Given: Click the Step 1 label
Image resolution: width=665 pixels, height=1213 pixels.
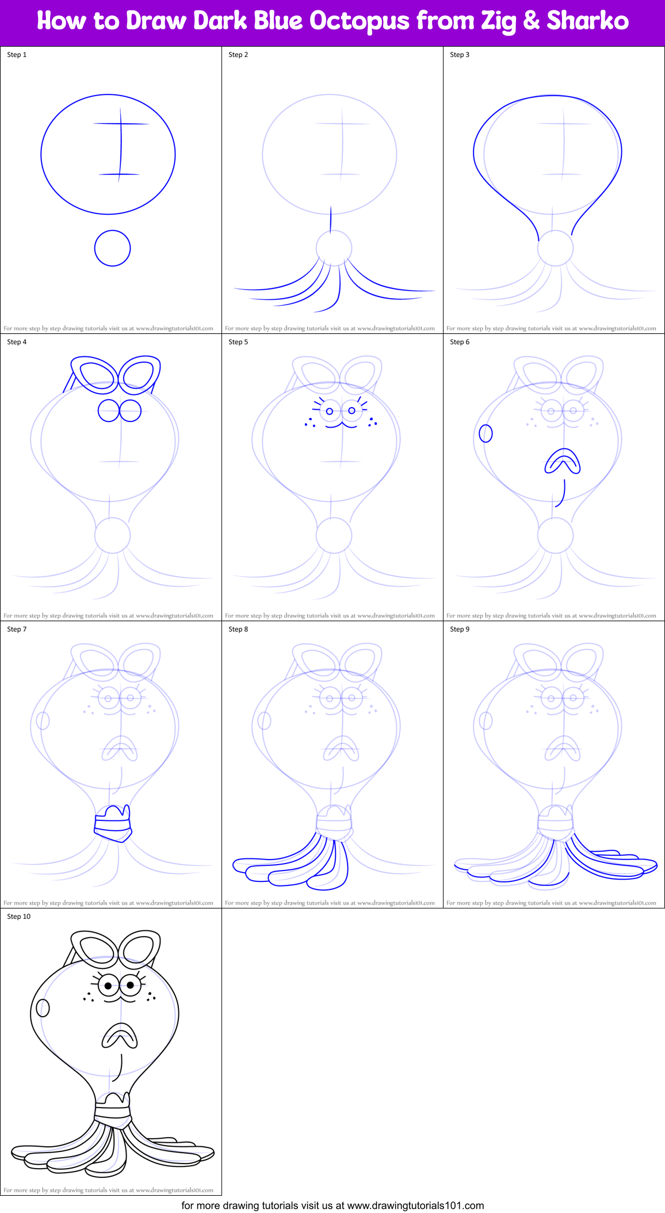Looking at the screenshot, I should click(x=17, y=55).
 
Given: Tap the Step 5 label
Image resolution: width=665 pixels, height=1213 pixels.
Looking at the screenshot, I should click(x=238, y=342).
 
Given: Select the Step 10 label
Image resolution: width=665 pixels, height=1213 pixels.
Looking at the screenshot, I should click(x=18, y=917).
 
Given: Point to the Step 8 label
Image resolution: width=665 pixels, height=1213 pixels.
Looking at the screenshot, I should click(x=238, y=629).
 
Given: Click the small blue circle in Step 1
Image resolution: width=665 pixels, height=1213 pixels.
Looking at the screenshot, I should click(x=113, y=248).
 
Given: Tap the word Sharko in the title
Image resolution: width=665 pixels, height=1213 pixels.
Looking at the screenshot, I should click(x=587, y=21).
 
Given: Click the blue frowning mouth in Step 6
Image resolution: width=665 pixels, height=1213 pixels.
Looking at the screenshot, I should click(x=563, y=462).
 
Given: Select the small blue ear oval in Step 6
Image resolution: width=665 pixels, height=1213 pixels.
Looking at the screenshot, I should click(x=486, y=434).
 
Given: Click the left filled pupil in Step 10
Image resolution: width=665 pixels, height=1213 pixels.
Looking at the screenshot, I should click(x=108, y=986).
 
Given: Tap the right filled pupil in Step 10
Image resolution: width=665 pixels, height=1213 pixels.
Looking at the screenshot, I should click(x=131, y=985).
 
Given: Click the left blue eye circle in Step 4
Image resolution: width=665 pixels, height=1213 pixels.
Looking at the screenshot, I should click(x=108, y=411).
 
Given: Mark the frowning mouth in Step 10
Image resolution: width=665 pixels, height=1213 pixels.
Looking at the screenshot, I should click(x=120, y=1035).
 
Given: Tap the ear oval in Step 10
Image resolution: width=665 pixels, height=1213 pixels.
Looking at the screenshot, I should click(x=43, y=1008).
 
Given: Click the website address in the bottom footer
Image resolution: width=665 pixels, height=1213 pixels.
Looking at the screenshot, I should click(x=415, y=1206).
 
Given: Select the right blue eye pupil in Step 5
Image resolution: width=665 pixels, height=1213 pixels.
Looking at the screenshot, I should click(x=352, y=410).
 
